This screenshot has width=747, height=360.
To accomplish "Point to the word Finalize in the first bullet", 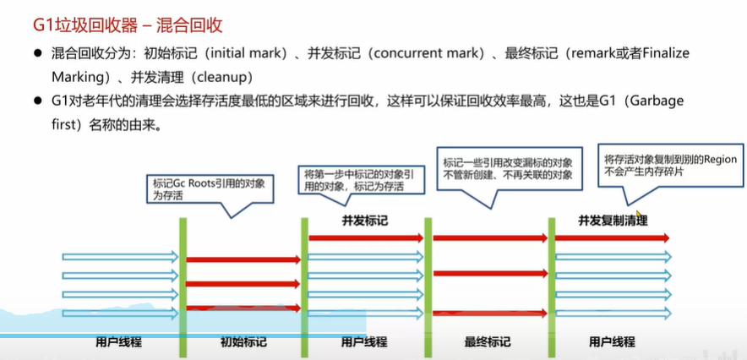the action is pyautogui.click(x=662, y=53).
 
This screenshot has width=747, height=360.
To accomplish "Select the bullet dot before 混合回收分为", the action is pyautogui.click(x=38, y=53).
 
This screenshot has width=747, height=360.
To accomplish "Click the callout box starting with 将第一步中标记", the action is pyautogui.click(x=358, y=180).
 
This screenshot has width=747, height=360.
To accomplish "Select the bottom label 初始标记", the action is pyautogui.click(x=243, y=341).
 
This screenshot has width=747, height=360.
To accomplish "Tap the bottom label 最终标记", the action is pyautogui.click(x=487, y=341).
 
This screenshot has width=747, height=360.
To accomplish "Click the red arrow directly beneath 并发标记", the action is pyautogui.click(x=365, y=238).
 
